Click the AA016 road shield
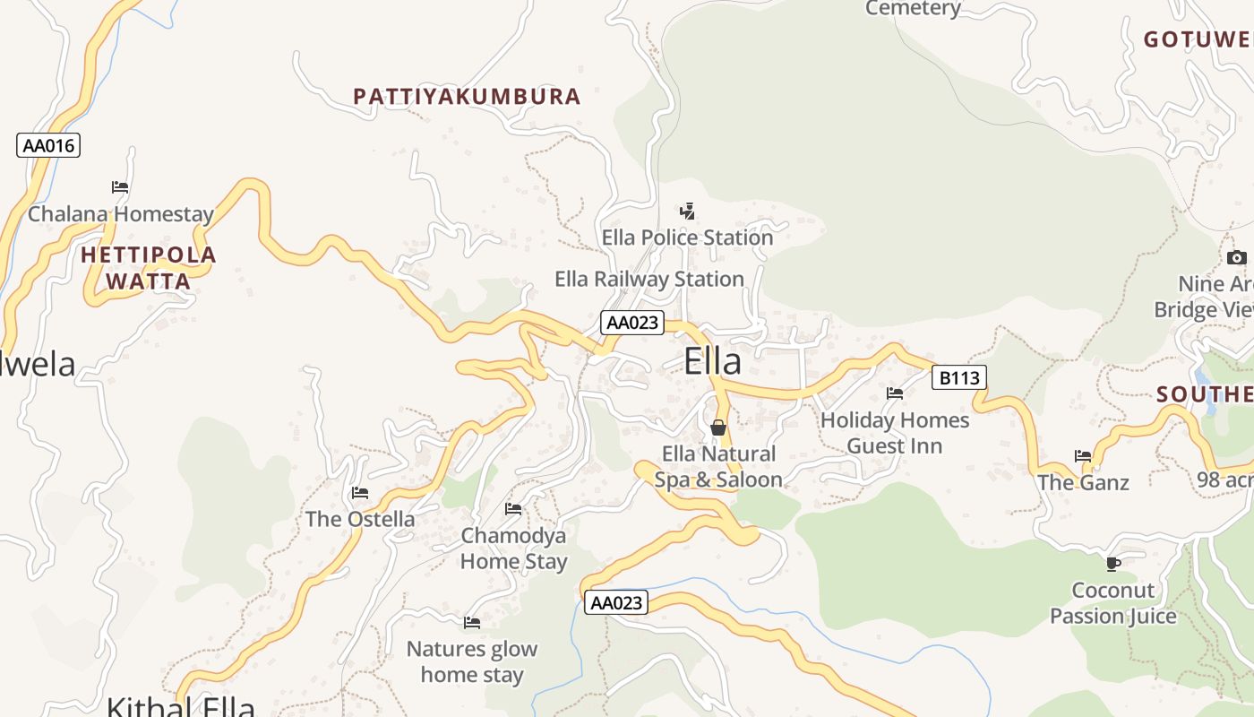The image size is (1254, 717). (48, 145)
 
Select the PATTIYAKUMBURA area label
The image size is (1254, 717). (467, 97)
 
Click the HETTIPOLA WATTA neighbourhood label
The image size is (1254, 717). (149, 268)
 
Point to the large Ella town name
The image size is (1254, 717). (712, 361)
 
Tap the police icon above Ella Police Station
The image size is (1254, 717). (687, 212)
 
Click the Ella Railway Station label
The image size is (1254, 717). (649, 280)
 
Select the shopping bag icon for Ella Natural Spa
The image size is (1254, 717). (717, 428)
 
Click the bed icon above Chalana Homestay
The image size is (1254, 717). (120, 187)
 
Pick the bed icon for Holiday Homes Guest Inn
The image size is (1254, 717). (894, 393)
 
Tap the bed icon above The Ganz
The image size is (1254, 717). (1083, 456)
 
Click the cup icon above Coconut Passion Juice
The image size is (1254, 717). (1112, 564)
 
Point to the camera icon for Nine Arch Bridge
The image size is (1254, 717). (1237, 258)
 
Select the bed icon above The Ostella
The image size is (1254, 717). (360, 493)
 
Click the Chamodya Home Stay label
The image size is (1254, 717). (513, 549)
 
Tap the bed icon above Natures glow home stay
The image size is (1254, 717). (472, 623)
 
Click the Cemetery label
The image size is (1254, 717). (913, 9)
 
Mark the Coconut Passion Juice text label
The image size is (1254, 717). (1113, 603)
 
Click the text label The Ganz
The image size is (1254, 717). (1083, 483)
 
